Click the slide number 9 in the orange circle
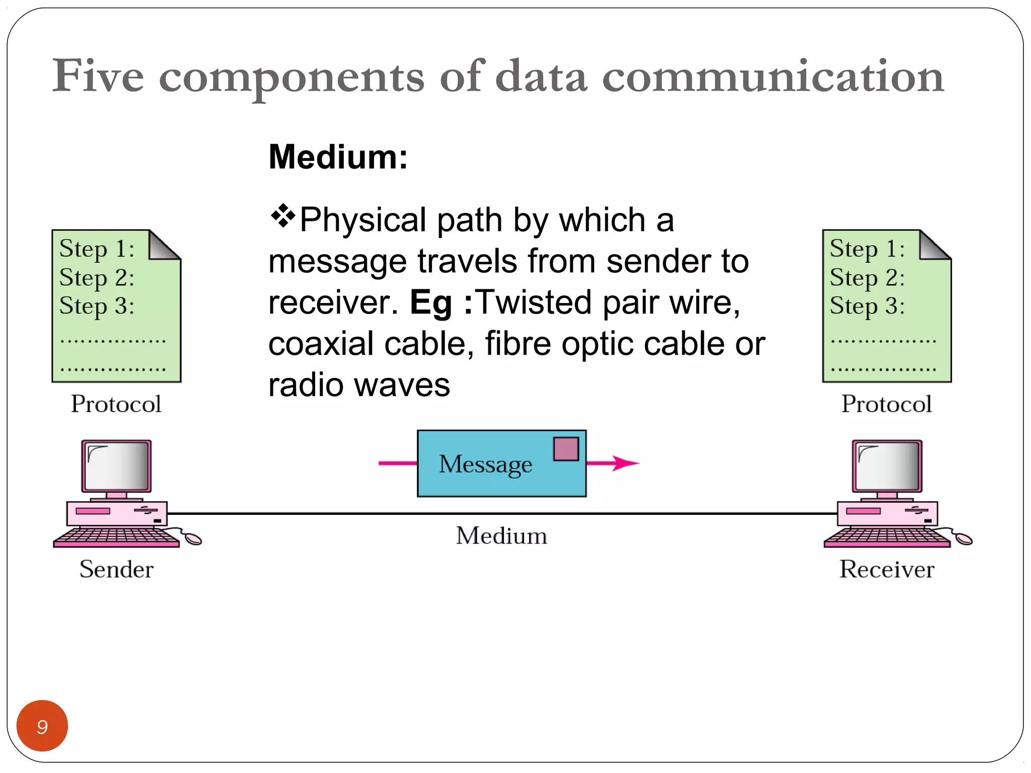point(42,726)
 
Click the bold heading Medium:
point(338,157)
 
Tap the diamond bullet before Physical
point(283,216)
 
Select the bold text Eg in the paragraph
point(431,303)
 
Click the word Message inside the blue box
point(485,464)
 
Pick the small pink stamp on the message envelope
point(566,449)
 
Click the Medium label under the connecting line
point(501,535)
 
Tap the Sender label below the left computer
point(116,569)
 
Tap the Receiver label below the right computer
point(887,569)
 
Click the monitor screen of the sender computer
point(117,467)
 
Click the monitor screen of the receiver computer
point(887,467)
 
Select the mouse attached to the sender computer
point(193,539)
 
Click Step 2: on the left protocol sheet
point(97,278)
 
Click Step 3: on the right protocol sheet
point(867,306)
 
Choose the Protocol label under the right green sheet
point(887,404)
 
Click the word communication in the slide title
point(773,76)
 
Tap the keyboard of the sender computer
point(116,537)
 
